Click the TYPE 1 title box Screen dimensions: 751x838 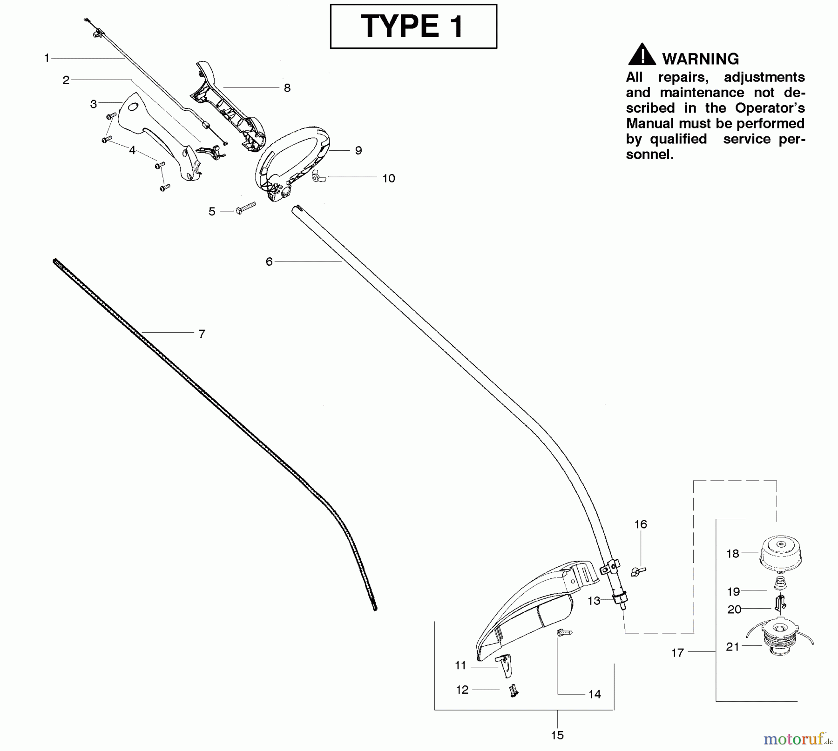pyautogui.click(x=413, y=26)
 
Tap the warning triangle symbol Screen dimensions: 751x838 pyautogui.click(x=642, y=55)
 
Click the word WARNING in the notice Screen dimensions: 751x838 pyautogui.click(x=700, y=59)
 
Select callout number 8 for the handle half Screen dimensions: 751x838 pyautogui.click(x=287, y=88)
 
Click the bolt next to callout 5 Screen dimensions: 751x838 pyautogui.click(x=246, y=207)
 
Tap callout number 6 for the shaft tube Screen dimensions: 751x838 pyautogui.click(x=269, y=262)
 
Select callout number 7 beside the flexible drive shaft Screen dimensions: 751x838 pyautogui.click(x=202, y=334)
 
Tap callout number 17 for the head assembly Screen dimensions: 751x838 pyautogui.click(x=677, y=653)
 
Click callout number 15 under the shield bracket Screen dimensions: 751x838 pyautogui.click(x=557, y=735)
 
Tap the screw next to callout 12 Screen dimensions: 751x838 pyautogui.click(x=514, y=691)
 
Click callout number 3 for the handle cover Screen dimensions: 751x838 pyautogui.click(x=94, y=104)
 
